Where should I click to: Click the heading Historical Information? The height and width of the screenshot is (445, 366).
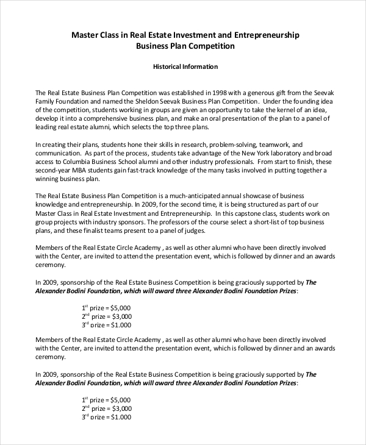[x=185, y=66]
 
